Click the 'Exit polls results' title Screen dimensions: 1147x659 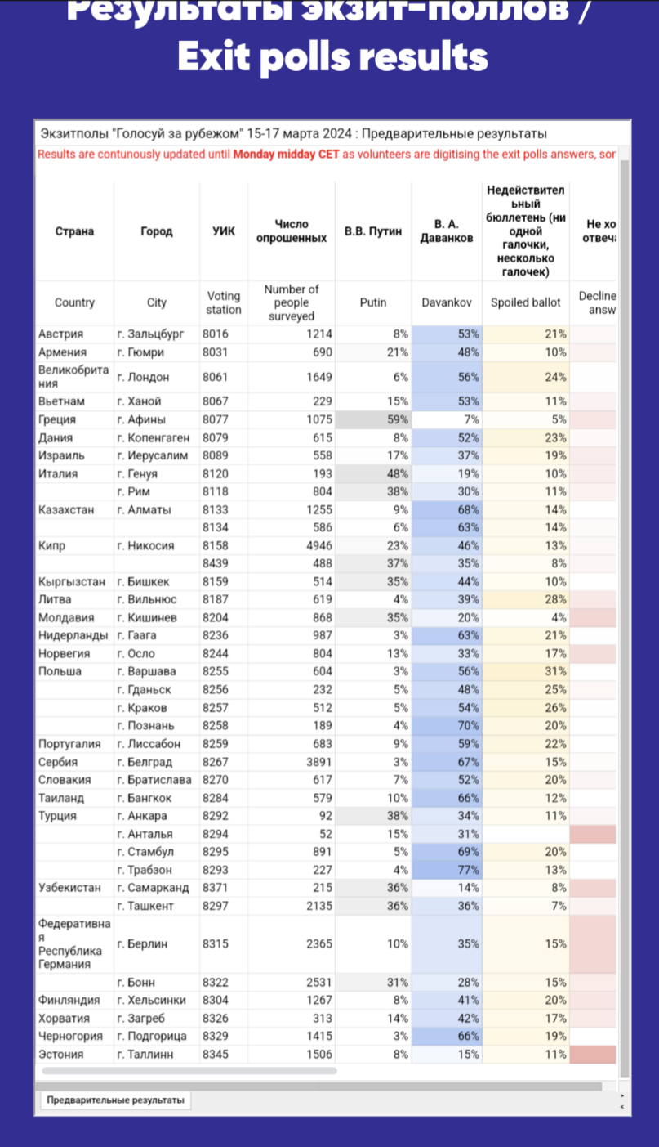pos(332,57)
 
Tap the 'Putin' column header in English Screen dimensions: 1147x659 pos(373,302)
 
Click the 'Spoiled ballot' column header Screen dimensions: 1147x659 pos(525,302)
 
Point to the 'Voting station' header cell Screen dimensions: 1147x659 pos(224,302)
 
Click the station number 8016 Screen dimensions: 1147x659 pos(216,334)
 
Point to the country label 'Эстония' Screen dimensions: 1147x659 pos(60,1055)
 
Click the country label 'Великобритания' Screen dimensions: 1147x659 pos(73,376)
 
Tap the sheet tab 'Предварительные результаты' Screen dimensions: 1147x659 pos(115,1100)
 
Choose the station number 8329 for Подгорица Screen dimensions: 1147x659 pos(216,1037)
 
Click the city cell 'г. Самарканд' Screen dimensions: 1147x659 pos(153,888)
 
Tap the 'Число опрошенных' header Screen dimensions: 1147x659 pos(292,231)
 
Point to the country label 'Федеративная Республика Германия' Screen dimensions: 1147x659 pos(73,943)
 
